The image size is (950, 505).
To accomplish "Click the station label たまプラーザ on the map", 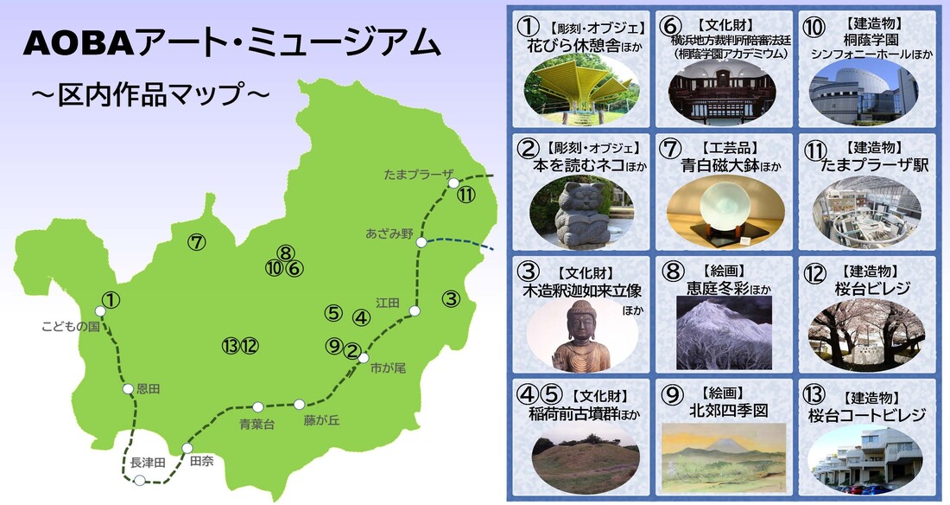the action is coord(419,175).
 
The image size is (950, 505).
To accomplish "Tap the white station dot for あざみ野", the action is coord(421,243).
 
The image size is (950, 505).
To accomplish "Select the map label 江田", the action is coord(388,303).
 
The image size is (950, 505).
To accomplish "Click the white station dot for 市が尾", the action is coord(364,358).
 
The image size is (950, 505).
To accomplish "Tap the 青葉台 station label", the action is coord(256,424).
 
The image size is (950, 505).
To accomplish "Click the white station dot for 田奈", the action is coord(187,448).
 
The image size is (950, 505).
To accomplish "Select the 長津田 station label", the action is coord(147,463).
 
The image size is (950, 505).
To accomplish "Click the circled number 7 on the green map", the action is coord(197,243).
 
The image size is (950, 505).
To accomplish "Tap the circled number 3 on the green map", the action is coord(450,299).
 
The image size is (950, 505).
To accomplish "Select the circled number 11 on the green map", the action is coord(465,195).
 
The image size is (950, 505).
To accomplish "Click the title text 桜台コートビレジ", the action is coord(866,415).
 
